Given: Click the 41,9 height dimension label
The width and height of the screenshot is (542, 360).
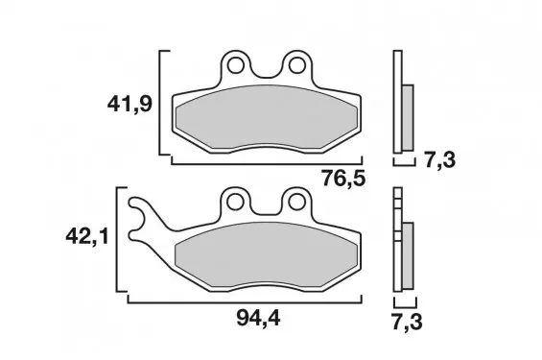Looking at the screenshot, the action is point(130,104).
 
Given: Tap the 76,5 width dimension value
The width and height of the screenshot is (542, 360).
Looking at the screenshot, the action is point(343,179).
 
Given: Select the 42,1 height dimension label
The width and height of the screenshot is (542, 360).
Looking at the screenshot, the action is point(87,237).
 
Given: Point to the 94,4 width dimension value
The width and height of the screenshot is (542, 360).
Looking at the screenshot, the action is point(259,318).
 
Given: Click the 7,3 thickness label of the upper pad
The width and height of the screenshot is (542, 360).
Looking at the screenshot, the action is point(440,160).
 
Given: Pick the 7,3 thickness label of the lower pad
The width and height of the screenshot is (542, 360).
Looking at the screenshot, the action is point(407,322).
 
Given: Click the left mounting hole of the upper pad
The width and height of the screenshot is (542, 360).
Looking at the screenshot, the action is point(235,65).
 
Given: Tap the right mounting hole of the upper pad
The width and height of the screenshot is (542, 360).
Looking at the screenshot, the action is point(297,65).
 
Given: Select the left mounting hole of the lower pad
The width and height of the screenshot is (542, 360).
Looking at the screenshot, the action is point(235,203).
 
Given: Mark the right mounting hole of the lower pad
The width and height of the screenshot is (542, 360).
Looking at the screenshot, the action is point(297,203).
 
